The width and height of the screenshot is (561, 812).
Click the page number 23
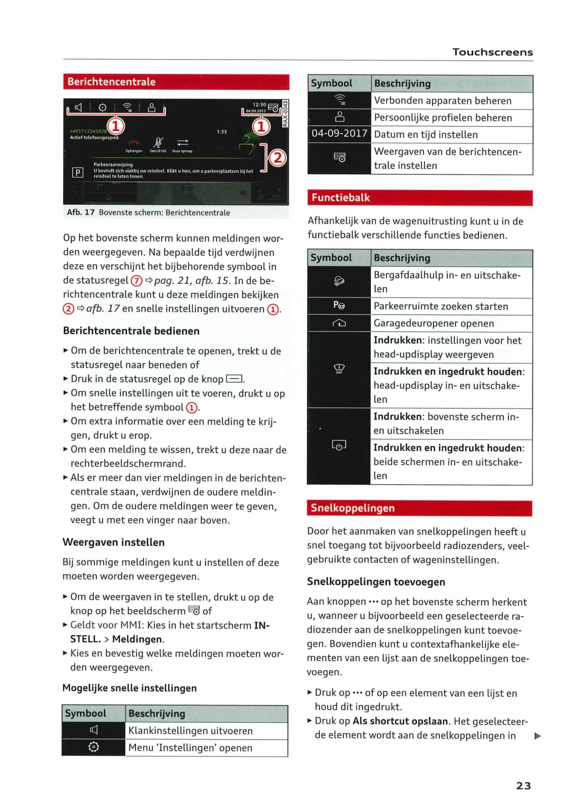coord(523,785)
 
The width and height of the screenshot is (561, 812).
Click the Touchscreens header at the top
coord(492,52)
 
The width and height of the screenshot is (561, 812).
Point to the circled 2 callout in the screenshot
coord(278,158)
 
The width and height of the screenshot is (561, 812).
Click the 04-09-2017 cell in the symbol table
coord(339,134)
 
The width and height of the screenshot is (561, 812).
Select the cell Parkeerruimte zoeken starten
coord(441,306)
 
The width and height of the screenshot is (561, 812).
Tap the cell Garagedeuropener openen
coord(434,324)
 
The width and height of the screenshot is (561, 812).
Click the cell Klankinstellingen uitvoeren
coord(191,731)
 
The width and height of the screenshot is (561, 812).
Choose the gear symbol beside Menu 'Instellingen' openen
coord(93,747)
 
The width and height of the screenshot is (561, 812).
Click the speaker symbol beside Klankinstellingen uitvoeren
coord(93,731)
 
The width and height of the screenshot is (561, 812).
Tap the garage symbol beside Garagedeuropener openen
coord(339,323)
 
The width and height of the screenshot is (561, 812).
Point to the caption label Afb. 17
coord(81,213)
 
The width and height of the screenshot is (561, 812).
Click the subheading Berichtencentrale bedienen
coord(131,331)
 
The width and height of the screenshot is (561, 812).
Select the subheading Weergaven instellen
coord(113,542)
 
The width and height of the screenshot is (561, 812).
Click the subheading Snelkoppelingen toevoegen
coord(376,582)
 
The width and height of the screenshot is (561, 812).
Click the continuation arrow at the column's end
coord(538,736)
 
